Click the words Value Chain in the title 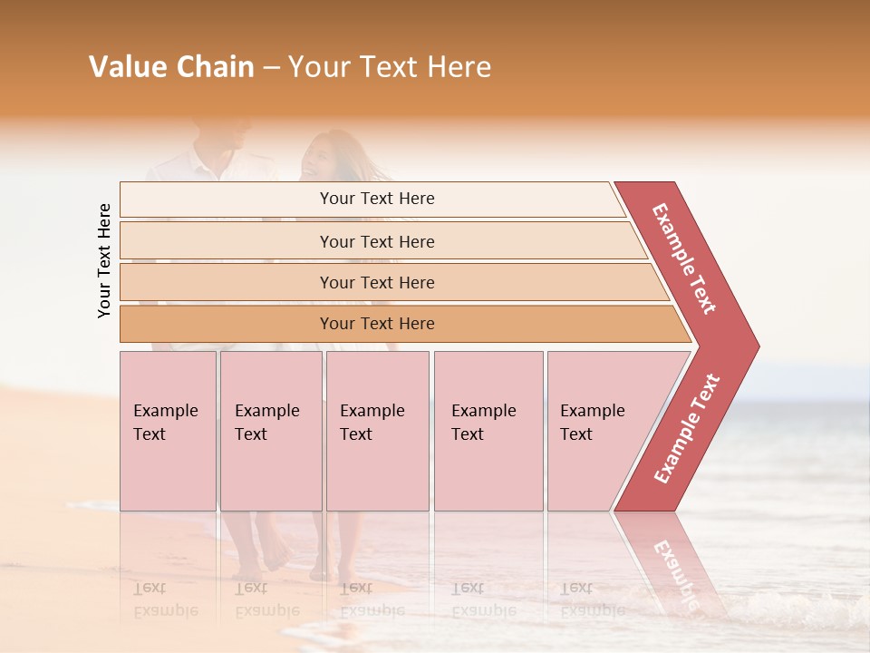(x=171, y=67)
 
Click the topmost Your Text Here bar (x=377, y=199)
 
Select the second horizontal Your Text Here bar (x=377, y=241)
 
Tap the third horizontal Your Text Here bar (x=377, y=282)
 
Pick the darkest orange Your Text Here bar (x=377, y=324)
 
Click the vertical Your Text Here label (x=104, y=260)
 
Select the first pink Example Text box (x=168, y=431)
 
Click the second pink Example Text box (x=270, y=431)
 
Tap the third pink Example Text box (x=376, y=431)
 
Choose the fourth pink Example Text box (x=488, y=431)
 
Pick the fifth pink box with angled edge (x=598, y=431)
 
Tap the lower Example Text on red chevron (x=687, y=428)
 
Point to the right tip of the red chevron (x=757, y=346)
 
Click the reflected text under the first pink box (x=165, y=599)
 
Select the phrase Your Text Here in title (x=390, y=67)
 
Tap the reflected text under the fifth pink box (x=590, y=599)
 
